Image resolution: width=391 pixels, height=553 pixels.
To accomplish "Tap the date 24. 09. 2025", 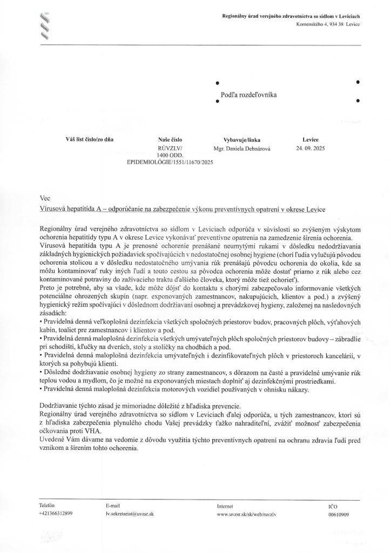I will click(x=312, y=147).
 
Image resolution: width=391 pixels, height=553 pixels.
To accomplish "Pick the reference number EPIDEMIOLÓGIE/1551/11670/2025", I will click(x=170, y=161).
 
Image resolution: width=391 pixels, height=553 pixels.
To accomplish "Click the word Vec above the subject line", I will click(x=45, y=198).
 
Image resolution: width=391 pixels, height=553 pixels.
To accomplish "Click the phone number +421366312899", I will click(x=56, y=514).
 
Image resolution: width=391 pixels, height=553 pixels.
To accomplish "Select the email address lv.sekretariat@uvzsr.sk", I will click(x=130, y=514).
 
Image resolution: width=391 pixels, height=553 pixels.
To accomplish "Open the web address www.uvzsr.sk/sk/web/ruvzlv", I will click(x=246, y=514).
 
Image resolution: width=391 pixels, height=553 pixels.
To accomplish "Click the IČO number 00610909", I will click(x=339, y=514).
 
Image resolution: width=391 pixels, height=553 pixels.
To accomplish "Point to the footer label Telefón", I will click(x=47, y=505).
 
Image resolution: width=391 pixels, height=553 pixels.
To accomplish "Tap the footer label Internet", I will click(x=225, y=505).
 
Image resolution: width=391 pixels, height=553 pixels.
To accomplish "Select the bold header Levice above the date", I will click(x=311, y=139).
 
